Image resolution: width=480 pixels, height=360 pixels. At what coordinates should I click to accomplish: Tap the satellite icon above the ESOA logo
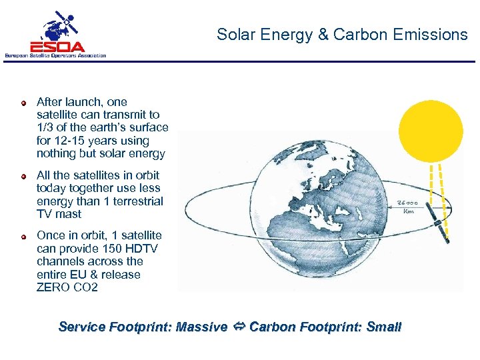[x=60, y=25]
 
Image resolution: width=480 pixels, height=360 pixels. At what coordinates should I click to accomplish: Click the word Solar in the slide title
[x=234, y=35]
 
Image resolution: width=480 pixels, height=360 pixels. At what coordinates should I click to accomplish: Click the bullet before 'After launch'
[x=23, y=103]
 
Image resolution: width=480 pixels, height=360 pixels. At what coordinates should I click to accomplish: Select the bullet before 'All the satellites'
[x=23, y=176]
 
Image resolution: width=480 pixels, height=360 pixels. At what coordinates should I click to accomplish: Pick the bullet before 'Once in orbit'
[x=23, y=236]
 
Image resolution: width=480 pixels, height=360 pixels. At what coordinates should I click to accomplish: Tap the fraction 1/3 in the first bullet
[x=47, y=128]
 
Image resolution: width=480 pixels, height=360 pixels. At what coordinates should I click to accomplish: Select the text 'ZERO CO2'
[x=67, y=287]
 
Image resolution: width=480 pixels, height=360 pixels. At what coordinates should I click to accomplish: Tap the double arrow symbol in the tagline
[x=238, y=327]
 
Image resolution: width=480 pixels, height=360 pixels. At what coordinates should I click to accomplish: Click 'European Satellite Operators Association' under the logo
[x=55, y=55]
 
